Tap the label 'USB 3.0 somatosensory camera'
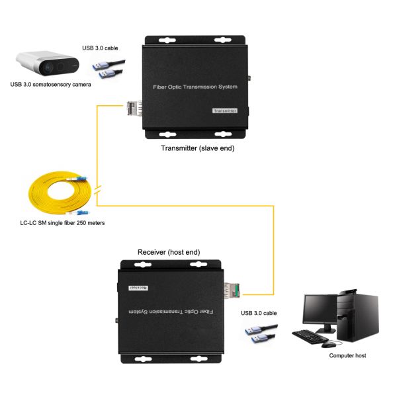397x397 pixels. coord(50,84)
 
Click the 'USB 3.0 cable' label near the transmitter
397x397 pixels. coord(101,48)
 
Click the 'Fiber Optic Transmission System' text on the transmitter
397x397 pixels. coord(198,86)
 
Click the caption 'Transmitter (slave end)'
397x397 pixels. coord(198,148)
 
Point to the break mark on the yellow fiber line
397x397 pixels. coord(98,191)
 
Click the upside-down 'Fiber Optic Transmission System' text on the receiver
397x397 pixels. coord(165,311)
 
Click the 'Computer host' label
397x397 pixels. coord(347,355)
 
